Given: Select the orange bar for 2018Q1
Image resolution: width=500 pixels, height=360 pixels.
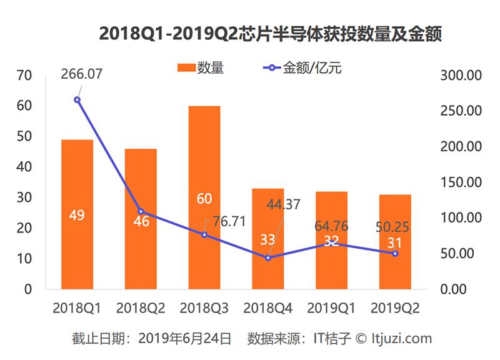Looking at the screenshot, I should tap(77, 181).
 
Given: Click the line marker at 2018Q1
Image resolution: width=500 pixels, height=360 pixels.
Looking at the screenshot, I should tap(77, 99).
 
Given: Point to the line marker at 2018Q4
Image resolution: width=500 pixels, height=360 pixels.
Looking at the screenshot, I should tap(268, 257).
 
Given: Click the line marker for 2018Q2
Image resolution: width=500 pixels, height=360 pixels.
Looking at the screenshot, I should tap(141, 211).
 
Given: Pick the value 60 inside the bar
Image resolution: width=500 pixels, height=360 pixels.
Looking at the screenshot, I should tap(204, 199).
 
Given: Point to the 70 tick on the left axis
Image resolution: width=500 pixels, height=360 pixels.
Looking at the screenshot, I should tap(24, 76).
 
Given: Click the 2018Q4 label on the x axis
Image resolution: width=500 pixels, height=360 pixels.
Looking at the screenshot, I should tap(268, 308).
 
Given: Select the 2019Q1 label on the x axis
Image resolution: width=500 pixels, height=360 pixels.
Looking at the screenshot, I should tap(331, 308).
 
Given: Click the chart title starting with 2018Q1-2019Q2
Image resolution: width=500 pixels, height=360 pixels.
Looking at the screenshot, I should tap(271, 34).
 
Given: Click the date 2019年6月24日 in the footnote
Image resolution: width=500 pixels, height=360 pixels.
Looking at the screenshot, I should tap(184, 339).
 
